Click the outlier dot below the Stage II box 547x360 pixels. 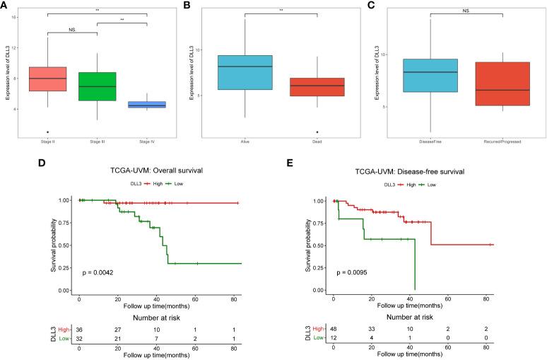coord(47,132)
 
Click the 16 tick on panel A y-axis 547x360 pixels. coord(15,17)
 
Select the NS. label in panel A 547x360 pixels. coord(73,30)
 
